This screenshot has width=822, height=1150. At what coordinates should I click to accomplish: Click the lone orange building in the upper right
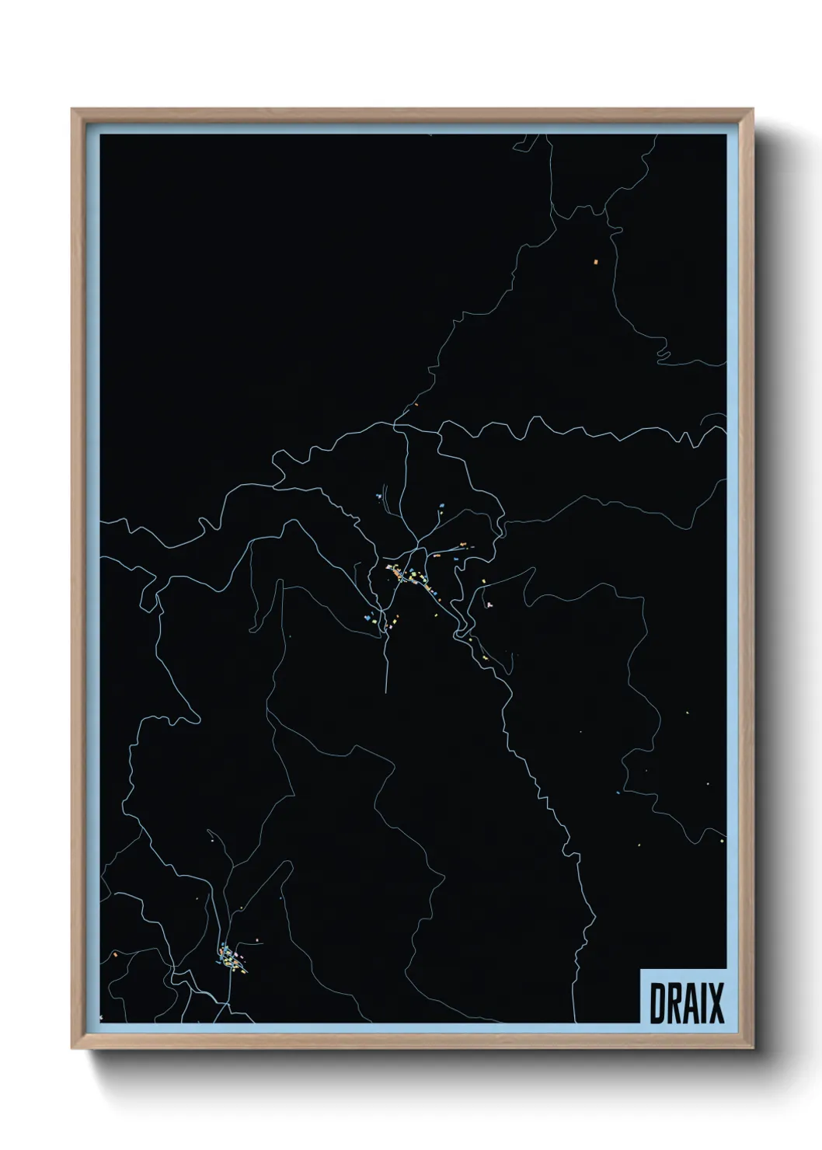pos(597,262)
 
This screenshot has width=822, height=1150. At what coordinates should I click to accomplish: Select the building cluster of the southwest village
pos(232,960)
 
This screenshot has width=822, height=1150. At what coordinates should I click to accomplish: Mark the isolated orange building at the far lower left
pos(115,953)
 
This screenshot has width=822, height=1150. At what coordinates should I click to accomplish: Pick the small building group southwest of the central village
pos(381,620)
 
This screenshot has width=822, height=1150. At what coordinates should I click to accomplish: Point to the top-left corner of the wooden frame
pos(72,110)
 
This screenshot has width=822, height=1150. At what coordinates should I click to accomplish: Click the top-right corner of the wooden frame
pos(753,110)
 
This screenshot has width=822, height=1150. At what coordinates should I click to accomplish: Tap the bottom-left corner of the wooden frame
pos(72,1049)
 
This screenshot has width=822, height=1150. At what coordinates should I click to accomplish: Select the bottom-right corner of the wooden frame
pos(753,1049)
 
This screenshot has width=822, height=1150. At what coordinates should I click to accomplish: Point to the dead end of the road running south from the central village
pos(386,689)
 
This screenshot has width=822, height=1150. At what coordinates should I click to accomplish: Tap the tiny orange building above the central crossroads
pos(416,404)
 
